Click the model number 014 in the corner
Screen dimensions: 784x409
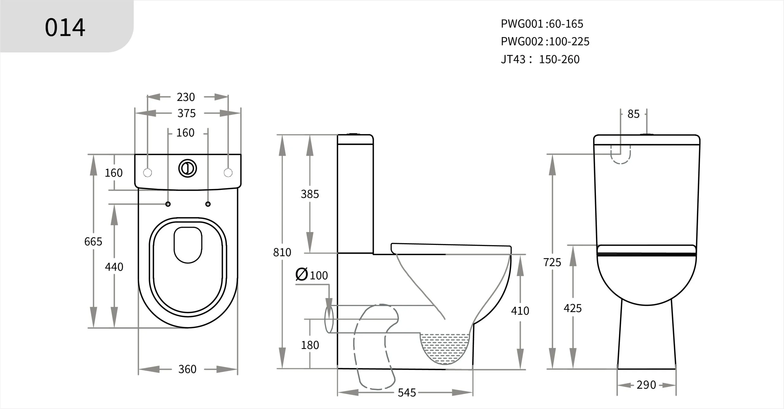65,28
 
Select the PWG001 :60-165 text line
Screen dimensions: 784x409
542,24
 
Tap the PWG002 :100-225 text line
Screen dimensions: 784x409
545,41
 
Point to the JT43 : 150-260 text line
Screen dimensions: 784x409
540,59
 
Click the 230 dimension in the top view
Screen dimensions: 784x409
186,97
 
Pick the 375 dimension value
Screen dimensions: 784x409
186,113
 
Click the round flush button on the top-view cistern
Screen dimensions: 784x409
187,168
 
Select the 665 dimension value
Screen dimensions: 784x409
93,242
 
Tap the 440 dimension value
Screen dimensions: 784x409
114,267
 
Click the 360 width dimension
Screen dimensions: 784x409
187,369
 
